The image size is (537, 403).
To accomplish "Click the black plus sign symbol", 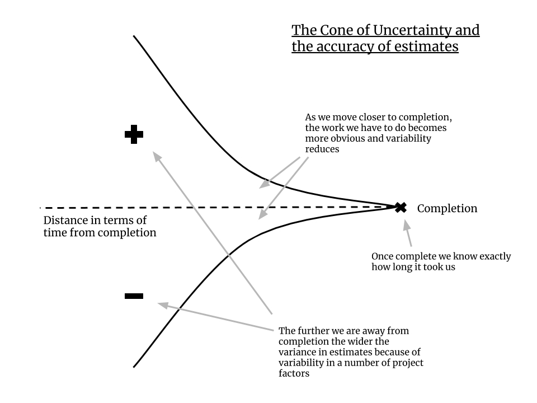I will click(133, 134).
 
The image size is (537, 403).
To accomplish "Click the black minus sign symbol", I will click(133, 296).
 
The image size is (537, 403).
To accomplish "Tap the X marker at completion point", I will click(401, 208).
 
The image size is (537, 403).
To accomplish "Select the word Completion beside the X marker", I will click(447, 209).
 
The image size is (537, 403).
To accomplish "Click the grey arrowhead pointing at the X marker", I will click(407, 222).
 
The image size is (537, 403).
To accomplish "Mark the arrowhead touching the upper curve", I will click(263, 185).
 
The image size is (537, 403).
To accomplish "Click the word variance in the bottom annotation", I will click(296, 352).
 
